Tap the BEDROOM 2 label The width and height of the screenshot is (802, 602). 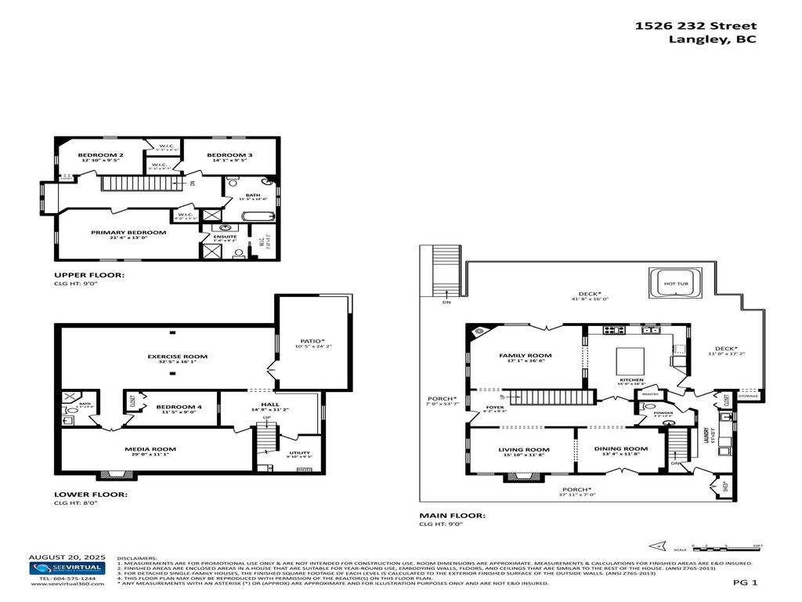point(100,155)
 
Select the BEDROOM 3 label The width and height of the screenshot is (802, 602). point(229,155)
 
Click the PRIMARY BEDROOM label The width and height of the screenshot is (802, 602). point(128,232)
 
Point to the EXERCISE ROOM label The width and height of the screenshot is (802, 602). point(172,356)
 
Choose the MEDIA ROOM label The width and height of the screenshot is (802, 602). point(150,449)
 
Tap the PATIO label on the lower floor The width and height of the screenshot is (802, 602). point(312,341)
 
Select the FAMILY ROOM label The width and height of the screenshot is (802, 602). point(525,355)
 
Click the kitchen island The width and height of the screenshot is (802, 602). point(632,361)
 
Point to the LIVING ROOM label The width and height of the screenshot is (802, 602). point(524,450)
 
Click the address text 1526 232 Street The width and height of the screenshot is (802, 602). point(695,25)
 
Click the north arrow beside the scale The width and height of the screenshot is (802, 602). point(657,546)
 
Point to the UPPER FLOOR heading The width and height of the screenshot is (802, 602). point(89,275)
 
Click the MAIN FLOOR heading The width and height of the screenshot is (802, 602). point(452,515)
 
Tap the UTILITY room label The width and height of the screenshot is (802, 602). point(299,452)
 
